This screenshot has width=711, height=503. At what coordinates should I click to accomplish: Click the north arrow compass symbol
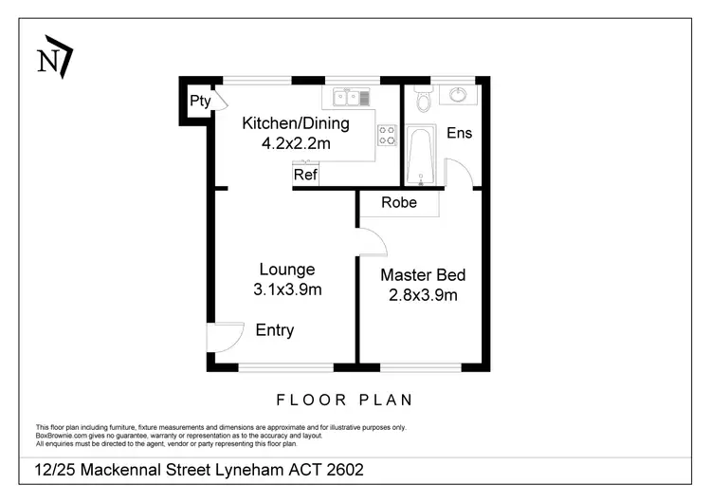coord(55,57)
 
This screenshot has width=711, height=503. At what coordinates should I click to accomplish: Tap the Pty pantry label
coord(200,101)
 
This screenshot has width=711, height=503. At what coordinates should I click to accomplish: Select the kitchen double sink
coord(352,98)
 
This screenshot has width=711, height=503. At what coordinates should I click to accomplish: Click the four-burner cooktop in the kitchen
coord(387,136)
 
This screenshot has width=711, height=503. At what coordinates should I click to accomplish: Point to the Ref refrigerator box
coord(305,175)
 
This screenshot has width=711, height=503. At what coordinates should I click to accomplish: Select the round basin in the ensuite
coord(458,95)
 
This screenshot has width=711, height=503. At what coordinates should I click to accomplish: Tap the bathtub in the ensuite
coord(421,156)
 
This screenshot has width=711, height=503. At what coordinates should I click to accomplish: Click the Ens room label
coord(460,133)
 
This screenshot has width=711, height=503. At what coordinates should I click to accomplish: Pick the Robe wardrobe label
coord(399,202)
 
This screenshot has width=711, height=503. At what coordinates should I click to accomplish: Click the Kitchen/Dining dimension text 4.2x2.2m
coord(296,144)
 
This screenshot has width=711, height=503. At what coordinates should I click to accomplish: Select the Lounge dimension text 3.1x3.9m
coord(287,289)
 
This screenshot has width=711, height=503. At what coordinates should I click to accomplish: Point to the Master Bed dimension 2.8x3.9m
coord(423,295)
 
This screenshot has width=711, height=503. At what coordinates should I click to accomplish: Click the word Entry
coord(275,330)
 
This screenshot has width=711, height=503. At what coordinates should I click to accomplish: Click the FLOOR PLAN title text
coord(345,400)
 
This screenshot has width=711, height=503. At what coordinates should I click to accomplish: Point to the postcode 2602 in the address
coord(345,470)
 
